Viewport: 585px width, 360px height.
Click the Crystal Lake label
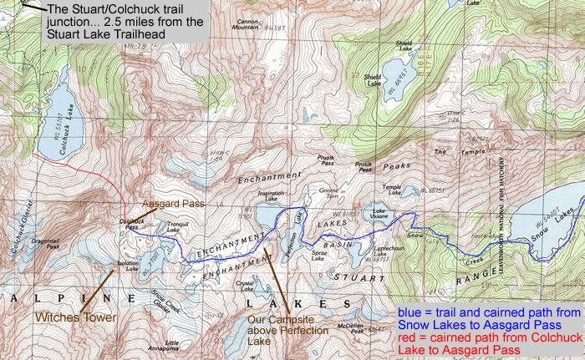[x=244, y=285]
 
